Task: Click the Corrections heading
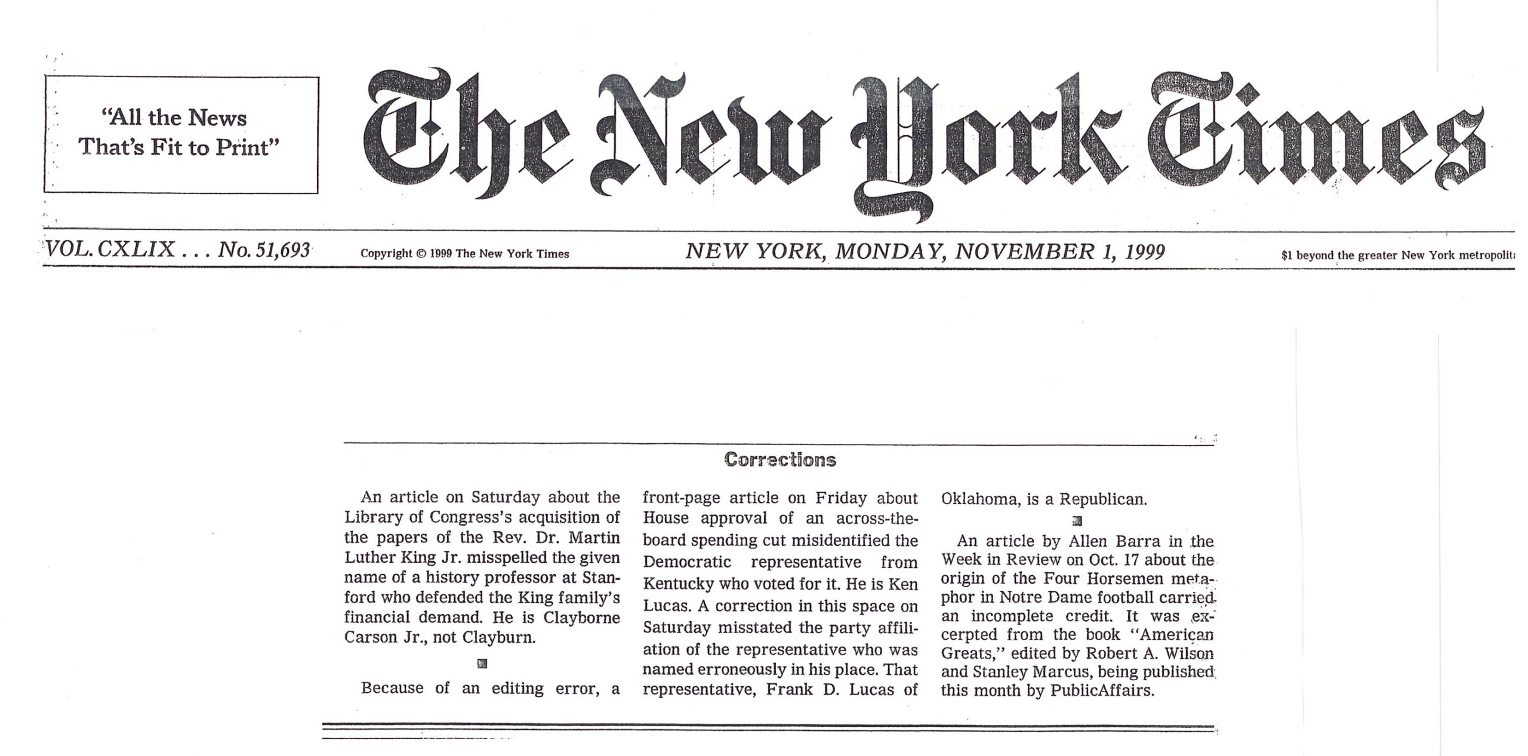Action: [780, 459]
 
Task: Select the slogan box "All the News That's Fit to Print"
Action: [180, 134]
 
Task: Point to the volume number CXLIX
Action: [135, 249]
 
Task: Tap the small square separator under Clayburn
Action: [482, 663]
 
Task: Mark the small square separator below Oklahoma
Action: [1077, 522]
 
